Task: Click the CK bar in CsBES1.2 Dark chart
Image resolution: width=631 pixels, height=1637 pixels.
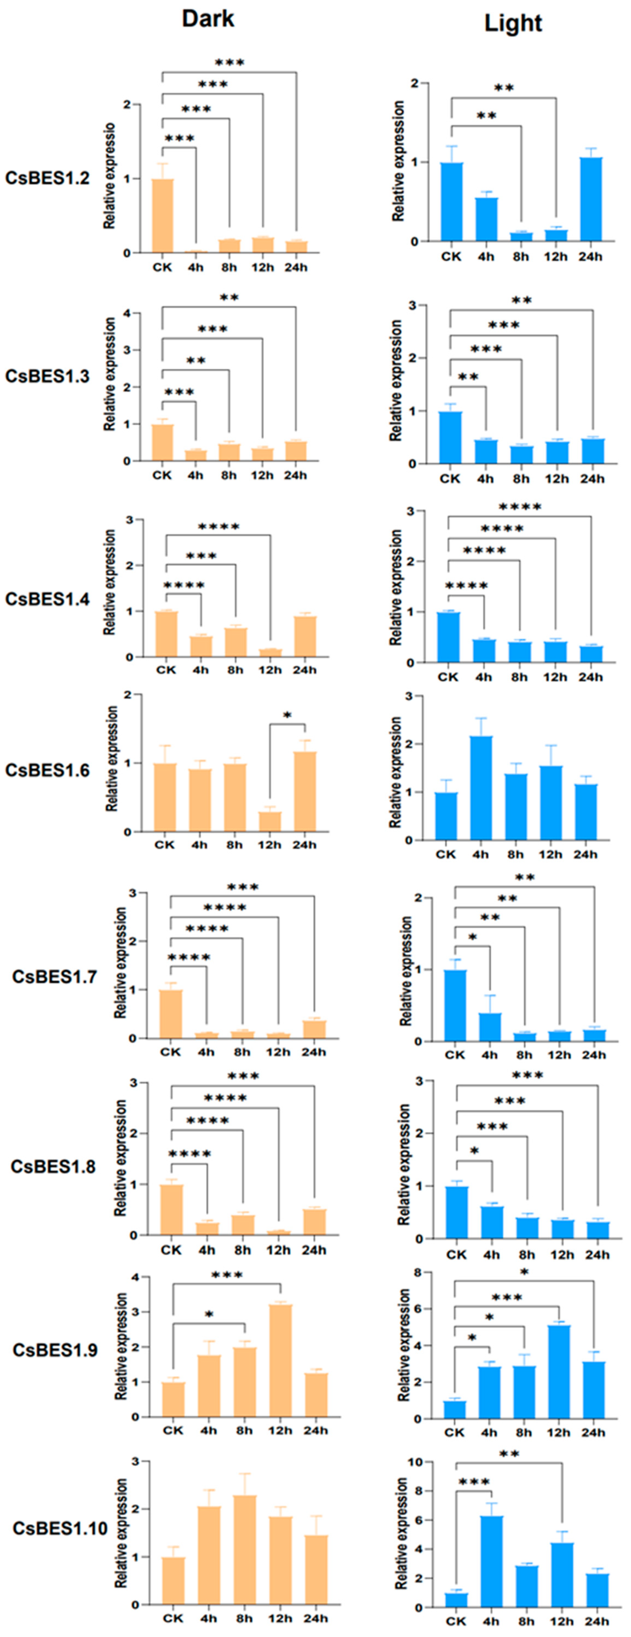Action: (163, 216)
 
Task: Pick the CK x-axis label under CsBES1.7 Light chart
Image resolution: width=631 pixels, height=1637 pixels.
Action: (454, 1055)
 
